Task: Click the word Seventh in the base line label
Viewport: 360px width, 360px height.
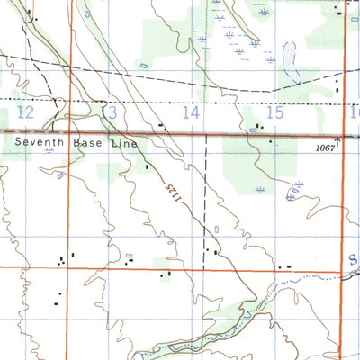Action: click(x=38, y=142)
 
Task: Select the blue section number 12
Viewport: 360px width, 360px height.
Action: click(x=25, y=112)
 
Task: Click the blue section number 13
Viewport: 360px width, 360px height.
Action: click(x=109, y=113)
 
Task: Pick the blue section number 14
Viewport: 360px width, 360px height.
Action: click(x=191, y=112)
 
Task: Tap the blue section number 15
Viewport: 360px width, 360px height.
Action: click(x=274, y=112)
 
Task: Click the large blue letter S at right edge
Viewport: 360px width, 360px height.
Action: click(x=352, y=259)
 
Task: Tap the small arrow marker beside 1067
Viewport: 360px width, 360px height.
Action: click(x=338, y=141)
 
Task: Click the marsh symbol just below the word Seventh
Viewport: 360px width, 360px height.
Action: click(x=49, y=153)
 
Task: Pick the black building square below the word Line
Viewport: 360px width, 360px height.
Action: click(x=147, y=166)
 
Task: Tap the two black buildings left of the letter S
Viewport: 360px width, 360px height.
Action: click(x=284, y=267)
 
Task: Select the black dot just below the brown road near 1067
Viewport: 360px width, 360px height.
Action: click(x=268, y=143)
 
